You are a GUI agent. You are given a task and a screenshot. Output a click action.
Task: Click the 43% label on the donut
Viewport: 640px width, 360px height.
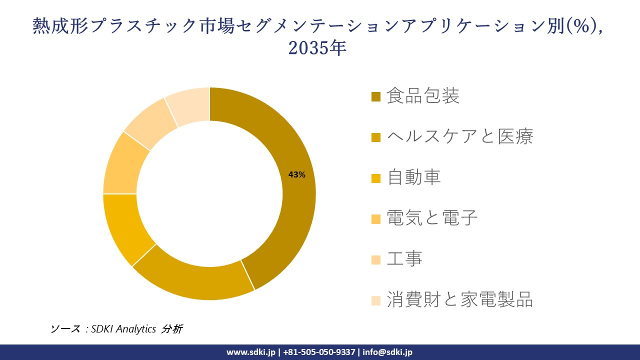tap(296, 174)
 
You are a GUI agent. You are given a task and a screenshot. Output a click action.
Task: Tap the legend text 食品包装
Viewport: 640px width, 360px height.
tap(423, 96)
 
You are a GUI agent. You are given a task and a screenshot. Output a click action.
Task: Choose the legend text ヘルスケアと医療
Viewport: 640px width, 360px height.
tap(460, 136)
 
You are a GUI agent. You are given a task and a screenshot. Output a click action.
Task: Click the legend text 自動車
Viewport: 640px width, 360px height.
tap(414, 177)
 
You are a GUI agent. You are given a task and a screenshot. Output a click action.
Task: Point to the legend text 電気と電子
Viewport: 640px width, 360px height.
tap(432, 217)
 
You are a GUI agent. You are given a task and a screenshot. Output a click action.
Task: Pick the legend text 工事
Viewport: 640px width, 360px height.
tap(404, 258)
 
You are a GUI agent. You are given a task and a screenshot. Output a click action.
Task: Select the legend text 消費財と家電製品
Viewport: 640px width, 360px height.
tap(460, 299)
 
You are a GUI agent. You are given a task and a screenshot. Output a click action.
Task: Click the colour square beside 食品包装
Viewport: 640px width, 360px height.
tap(376, 96)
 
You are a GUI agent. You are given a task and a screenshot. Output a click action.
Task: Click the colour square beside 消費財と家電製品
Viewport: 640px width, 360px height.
tap(376, 300)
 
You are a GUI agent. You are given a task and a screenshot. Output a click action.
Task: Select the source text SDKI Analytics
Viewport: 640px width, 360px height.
tap(123, 329)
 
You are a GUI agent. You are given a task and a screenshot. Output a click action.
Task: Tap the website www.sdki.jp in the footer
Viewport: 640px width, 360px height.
tap(251, 352)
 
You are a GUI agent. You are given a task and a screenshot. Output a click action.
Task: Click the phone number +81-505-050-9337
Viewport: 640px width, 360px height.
tap(319, 352)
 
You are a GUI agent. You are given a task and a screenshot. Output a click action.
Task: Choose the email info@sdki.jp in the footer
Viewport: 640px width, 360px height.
tap(387, 352)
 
